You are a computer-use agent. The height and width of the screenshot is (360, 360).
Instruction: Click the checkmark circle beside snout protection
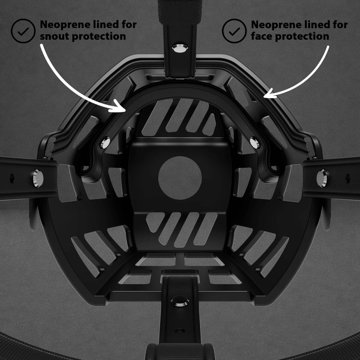pos(23,31)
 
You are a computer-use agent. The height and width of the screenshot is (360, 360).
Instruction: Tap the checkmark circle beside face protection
pos(234,31)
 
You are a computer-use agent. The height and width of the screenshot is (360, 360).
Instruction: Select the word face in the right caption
pos(261,36)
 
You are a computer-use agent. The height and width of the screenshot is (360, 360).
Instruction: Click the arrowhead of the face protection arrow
pos(269,94)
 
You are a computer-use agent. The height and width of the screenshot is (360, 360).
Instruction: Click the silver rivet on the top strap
pos(180,48)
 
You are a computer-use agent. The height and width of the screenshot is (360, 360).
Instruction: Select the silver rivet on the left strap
pos(38,178)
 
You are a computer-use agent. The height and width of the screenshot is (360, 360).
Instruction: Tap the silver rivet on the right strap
pos(321,178)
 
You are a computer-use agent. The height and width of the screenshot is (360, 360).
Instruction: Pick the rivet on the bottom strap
pos(180,301)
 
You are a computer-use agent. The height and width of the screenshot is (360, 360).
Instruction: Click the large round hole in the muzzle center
pos(180,178)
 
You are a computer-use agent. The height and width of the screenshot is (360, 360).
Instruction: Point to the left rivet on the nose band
pos(105,143)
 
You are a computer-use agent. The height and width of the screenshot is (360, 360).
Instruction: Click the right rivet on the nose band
pos(255,143)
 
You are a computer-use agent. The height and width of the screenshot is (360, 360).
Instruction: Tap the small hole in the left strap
pos(12,178)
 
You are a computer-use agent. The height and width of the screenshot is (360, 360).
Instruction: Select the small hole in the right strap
pos(348,178)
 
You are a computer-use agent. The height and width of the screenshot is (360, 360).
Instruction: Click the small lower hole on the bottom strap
pos(180,331)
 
